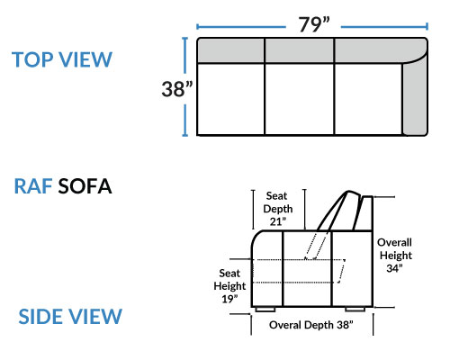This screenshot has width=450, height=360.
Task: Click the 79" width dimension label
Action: (314, 24)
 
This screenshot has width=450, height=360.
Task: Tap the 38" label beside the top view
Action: (177, 89)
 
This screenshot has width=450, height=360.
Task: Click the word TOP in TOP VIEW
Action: (32, 59)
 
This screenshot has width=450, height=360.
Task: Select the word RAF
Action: (33, 186)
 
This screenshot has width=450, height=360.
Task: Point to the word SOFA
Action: (85, 186)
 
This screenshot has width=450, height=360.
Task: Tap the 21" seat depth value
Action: (278, 221)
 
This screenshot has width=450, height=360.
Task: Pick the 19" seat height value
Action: (229, 299)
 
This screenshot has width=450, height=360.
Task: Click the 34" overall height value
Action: (394, 268)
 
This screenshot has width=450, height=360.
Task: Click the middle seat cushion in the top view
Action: (300, 99)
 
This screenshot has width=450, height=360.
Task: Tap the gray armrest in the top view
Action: (415, 97)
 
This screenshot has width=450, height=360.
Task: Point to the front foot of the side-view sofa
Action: (265, 309)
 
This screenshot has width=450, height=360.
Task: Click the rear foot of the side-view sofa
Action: (355, 309)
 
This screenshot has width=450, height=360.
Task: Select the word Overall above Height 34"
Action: (394, 242)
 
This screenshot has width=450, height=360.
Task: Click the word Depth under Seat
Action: (278, 209)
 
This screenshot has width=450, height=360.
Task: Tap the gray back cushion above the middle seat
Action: (300, 50)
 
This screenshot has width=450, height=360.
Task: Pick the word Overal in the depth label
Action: (285, 325)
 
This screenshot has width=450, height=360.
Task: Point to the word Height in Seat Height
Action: (229, 286)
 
